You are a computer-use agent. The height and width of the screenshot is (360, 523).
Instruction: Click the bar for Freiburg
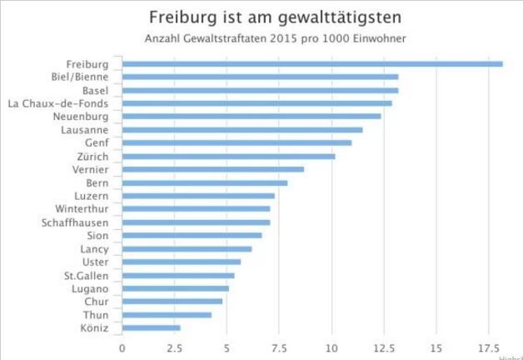pos(312,63)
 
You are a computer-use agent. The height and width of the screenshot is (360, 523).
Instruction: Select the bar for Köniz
pos(151,327)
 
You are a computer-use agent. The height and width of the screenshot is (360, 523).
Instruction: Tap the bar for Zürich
pos(228,156)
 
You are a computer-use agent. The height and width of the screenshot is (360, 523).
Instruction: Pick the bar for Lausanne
pos(242,129)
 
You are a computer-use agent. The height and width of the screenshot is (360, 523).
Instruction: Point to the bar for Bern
pos(205,182)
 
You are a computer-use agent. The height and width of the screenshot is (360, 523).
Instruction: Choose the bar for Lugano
pos(175,288)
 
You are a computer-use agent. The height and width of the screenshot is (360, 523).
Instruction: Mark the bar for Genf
pos(237,142)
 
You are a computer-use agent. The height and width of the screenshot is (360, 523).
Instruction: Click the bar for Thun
pos(167,315)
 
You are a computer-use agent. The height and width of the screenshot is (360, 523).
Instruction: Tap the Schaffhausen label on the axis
pos(75,222)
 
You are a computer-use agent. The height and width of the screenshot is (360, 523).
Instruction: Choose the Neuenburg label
pos(81,117)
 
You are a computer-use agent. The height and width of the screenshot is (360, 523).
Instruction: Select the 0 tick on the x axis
pos(122,347)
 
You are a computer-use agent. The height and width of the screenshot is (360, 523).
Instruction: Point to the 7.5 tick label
pos(279,347)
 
